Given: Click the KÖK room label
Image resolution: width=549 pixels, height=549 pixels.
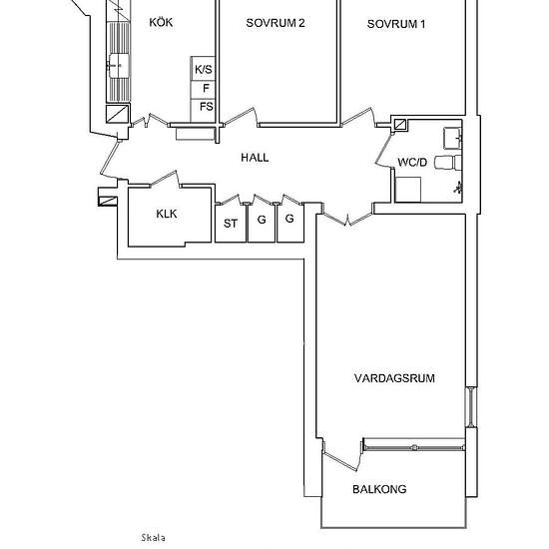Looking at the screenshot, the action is click(161, 22).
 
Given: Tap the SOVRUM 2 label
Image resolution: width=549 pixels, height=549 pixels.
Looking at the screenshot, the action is click(275, 23).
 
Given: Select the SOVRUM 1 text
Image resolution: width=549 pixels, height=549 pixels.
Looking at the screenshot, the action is click(396, 24).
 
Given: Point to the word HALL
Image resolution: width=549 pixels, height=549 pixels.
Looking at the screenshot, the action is click(255, 158).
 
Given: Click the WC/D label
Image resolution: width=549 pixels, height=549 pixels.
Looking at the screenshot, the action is click(412, 162).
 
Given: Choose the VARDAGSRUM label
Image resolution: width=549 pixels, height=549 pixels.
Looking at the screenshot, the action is click(394, 378).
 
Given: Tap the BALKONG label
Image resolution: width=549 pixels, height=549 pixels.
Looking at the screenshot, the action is click(379, 489).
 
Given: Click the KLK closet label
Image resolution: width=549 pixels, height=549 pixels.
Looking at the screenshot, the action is click(167, 214).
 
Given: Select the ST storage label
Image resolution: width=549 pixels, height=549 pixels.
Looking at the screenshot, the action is click(231, 224).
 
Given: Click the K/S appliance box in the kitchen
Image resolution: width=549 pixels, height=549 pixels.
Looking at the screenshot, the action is click(203, 69).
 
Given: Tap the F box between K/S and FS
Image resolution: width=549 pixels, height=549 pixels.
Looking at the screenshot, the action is click(203, 90).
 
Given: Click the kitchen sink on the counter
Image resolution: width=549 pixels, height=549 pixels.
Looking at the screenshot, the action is click(119, 66).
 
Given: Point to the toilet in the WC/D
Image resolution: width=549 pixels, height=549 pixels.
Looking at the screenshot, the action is click(448, 163).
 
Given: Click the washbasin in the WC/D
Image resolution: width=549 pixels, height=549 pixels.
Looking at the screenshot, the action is click(453, 139).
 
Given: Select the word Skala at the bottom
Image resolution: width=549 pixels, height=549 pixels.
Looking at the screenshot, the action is click(154, 537).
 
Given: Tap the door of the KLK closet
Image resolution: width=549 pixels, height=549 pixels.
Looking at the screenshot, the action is click(166, 180).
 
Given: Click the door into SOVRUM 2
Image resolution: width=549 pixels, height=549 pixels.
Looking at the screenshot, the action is click(241, 117).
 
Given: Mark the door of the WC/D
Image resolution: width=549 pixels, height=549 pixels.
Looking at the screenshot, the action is click(384, 150).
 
